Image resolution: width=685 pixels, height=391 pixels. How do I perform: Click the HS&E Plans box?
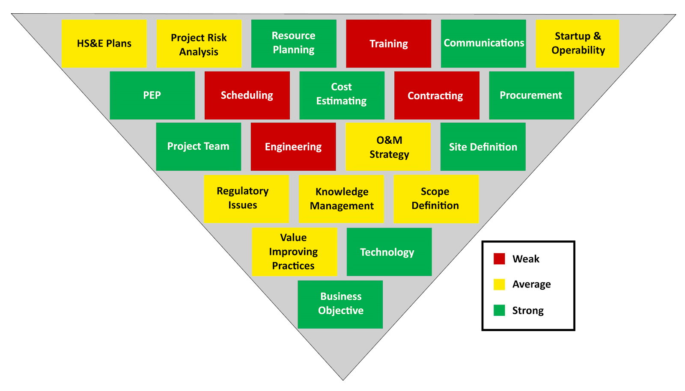[104, 44]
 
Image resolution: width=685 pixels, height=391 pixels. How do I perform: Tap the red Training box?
[388, 44]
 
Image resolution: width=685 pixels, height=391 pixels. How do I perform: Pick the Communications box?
[483, 44]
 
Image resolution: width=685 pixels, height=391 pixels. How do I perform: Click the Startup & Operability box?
[578, 44]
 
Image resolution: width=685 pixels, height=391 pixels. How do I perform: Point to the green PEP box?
[152, 95]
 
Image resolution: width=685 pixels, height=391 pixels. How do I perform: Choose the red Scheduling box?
[247, 95]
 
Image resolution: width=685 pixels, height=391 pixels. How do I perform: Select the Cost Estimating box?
[342, 95]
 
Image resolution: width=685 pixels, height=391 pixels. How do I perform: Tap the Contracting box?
[436, 95]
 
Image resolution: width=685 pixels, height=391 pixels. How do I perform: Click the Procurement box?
[531, 95]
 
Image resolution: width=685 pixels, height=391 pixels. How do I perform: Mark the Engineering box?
[293, 147]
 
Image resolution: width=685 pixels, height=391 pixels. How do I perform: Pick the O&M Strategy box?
[388, 147]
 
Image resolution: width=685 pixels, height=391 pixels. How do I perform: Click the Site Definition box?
[483, 147]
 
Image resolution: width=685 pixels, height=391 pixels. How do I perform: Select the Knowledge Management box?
[341, 199]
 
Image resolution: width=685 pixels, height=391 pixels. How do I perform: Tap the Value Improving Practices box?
[294, 252]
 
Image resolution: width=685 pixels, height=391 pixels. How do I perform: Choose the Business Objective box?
[340, 304]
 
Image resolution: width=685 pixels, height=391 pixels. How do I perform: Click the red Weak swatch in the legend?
[499, 259]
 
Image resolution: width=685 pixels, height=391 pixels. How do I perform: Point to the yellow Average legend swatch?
[499, 284]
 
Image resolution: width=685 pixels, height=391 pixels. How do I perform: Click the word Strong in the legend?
[528, 311]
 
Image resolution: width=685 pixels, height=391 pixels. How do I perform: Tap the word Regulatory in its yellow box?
[243, 191]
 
